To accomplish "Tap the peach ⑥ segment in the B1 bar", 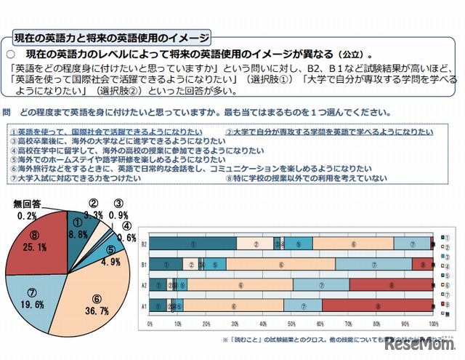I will tap(280, 265).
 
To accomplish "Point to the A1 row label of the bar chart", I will tap(144, 307).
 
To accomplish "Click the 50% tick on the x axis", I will tap(292, 324).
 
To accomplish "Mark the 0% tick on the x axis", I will tap(150, 324).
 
